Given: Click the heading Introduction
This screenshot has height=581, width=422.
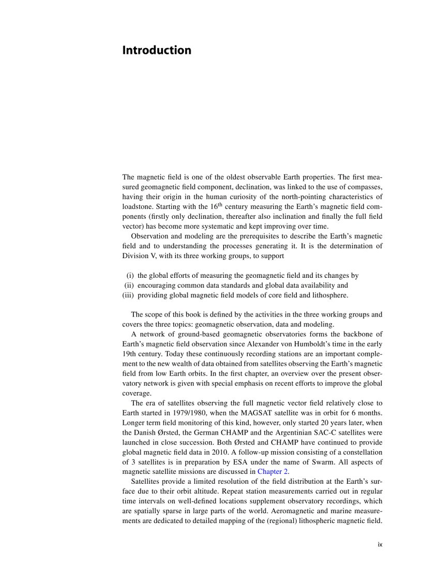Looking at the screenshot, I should pos(156,50).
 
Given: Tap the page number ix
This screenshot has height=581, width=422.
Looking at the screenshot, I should pos(380,544).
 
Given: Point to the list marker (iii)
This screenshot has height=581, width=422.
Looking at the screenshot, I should pos(128,295).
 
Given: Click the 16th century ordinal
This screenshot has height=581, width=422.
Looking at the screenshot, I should pos(222,206).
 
